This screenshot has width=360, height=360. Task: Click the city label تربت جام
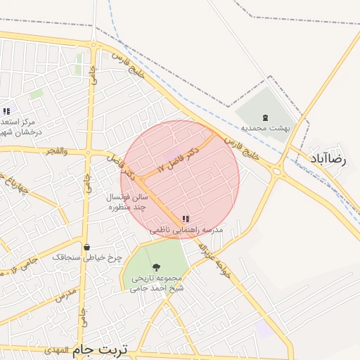[x=102, y=349]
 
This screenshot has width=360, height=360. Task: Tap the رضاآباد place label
[x=328, y=160]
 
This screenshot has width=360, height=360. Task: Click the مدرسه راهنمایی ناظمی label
[x=186, y=230]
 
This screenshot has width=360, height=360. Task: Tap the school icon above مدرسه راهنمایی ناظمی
[x=186, y=219]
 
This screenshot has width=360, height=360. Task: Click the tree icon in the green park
[x=156, y=267]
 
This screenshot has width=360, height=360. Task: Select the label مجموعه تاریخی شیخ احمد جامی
[x=157, y=283]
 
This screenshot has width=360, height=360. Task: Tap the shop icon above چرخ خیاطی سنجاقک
[x=86, y=247]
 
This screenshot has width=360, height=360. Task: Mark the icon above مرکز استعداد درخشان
[x=6, y=111]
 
